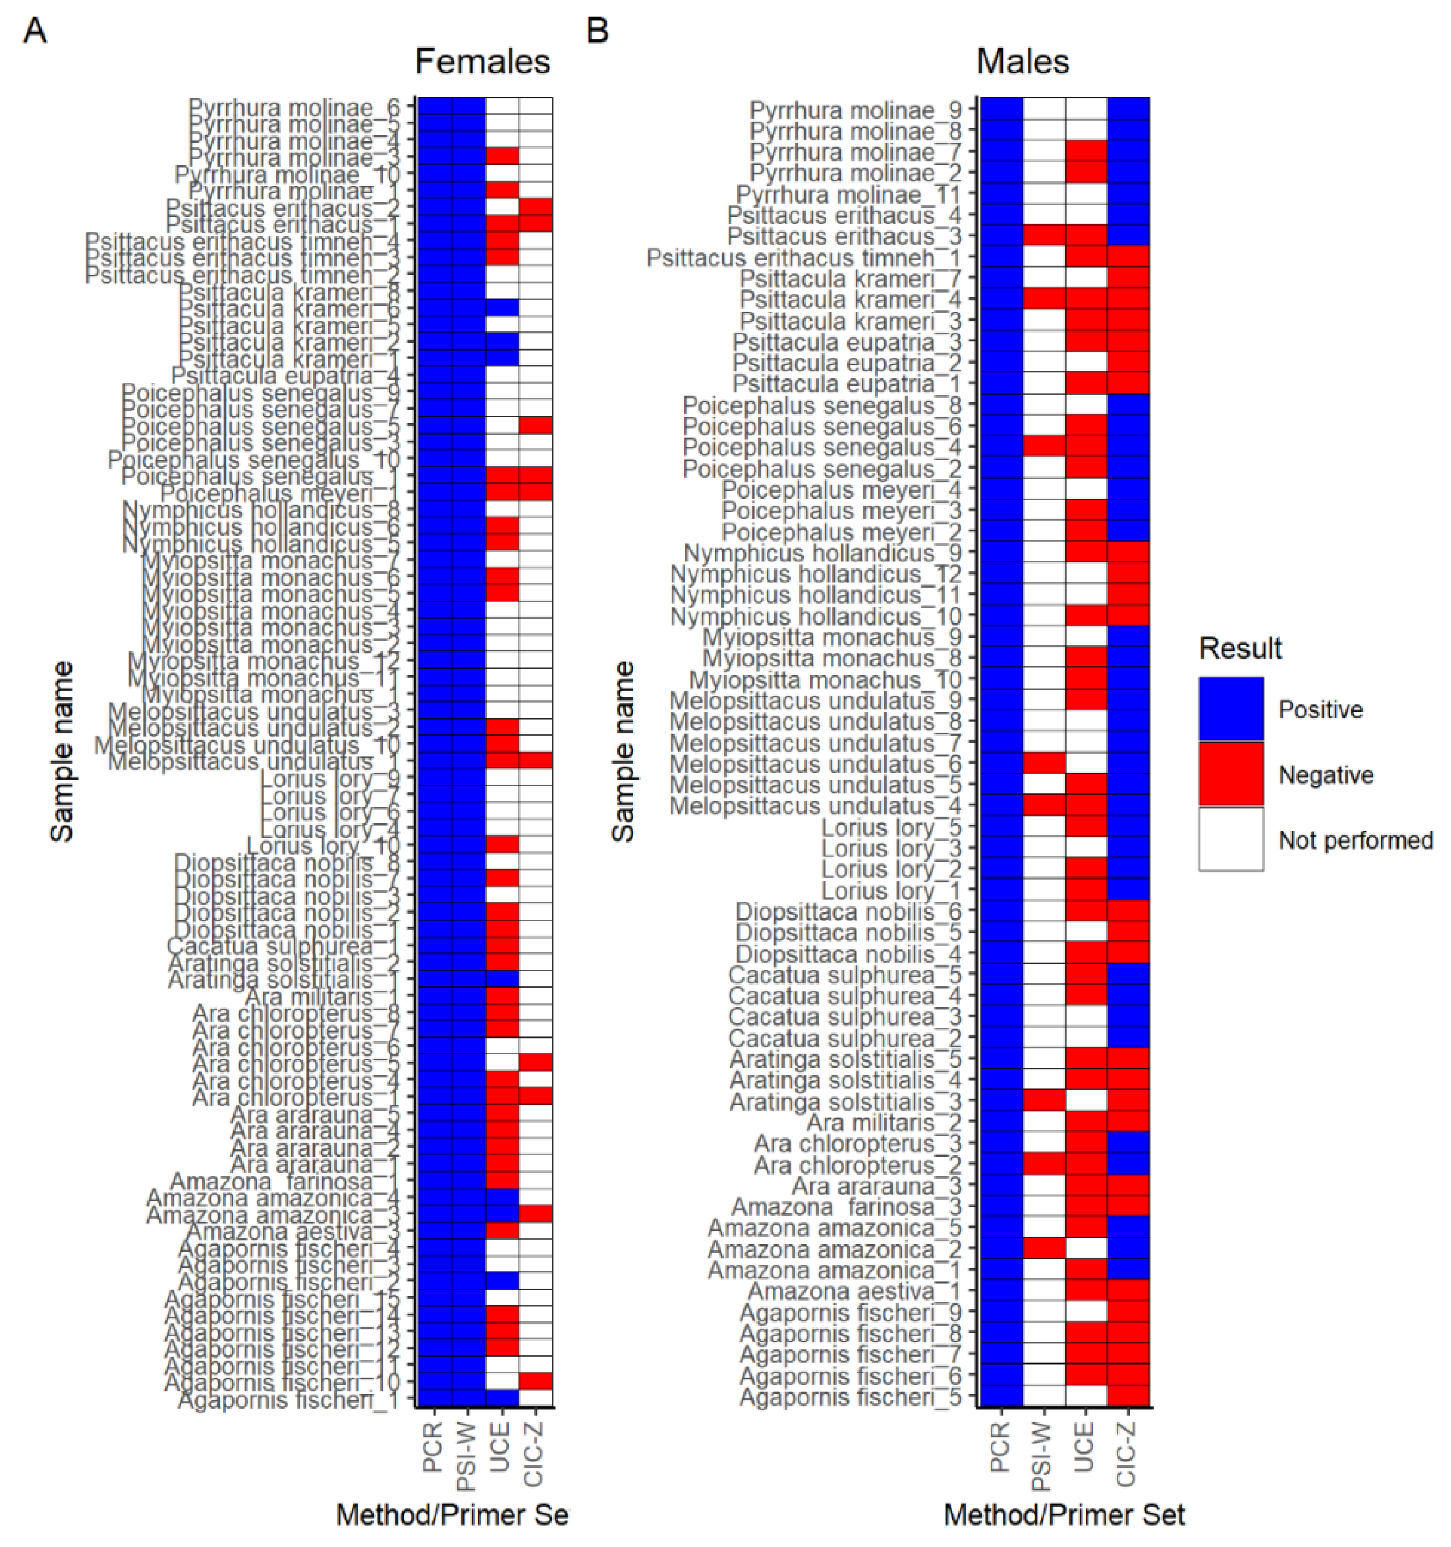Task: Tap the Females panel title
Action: pos(483,62)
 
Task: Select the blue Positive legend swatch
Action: pos(1231,709)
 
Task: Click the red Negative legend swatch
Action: pos(1231,774)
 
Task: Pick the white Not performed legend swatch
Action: pos(1231,839)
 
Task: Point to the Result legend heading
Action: pos(1240,648)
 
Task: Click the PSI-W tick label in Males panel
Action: pos(1043,1456)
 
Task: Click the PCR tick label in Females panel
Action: pos(433,1448)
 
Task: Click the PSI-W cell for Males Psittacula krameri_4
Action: pos(1044,300)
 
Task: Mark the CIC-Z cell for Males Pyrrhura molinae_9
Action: pos(1128,110)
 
